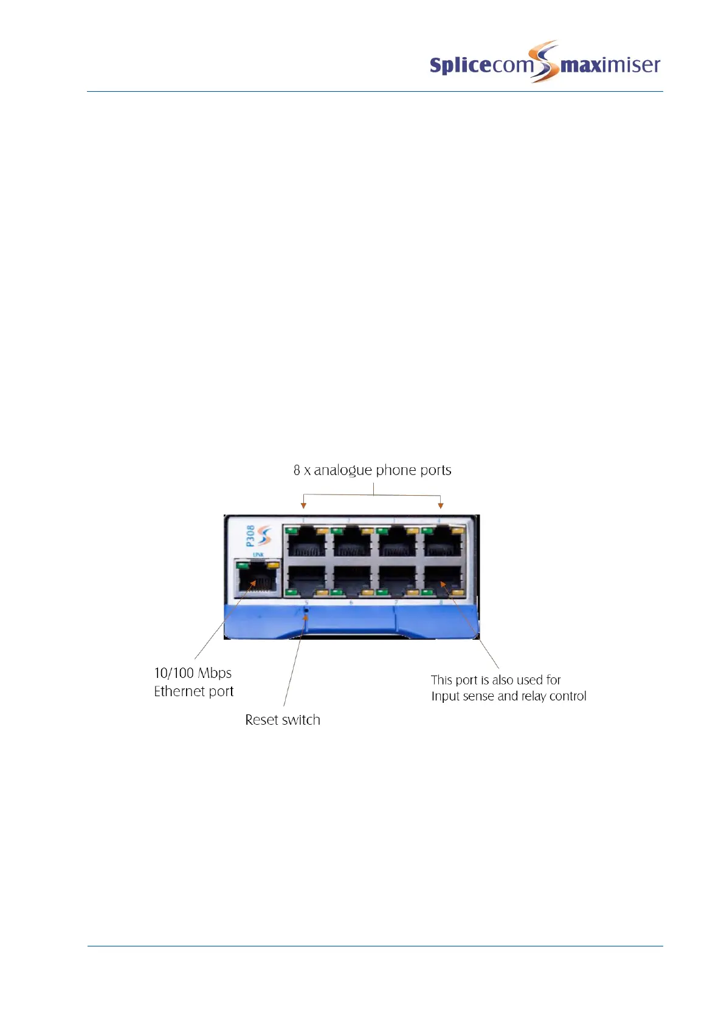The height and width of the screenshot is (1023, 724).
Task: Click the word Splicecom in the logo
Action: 480,65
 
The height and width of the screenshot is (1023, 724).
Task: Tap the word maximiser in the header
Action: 610,64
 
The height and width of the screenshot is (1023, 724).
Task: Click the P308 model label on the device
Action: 250,536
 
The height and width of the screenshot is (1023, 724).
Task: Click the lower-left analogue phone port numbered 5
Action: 306,581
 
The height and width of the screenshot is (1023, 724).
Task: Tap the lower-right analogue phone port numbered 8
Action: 443,581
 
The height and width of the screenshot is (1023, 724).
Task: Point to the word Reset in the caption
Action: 261,720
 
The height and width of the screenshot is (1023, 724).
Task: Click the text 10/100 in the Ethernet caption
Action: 174,673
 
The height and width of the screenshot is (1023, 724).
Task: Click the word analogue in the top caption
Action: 343,470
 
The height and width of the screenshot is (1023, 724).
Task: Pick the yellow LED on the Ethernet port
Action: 273,565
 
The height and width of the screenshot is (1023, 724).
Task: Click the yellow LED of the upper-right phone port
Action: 458,530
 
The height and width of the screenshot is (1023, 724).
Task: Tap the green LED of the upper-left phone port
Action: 291,530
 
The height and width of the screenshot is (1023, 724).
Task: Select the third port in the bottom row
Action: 398,581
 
